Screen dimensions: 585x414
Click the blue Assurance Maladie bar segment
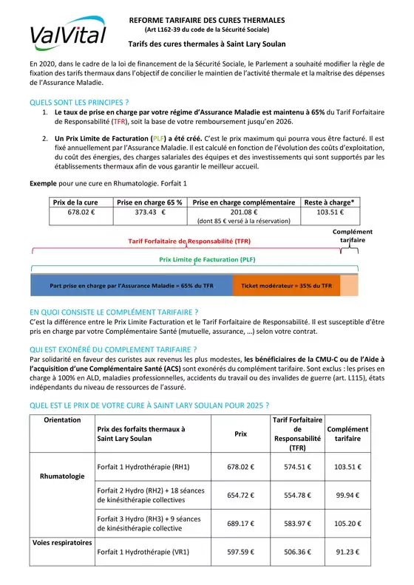tap(131, 285)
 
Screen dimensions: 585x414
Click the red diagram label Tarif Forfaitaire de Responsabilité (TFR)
tap(189, 242)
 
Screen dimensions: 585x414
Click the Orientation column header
tap(62, 420)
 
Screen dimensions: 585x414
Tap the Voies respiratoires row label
tap(62, 543)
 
